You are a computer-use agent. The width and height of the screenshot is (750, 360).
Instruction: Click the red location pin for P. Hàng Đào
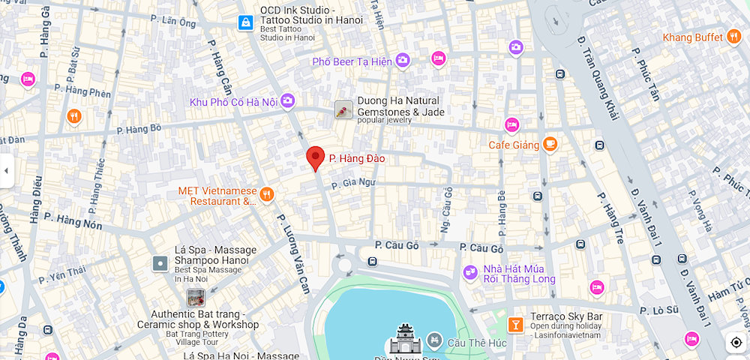[316, 157]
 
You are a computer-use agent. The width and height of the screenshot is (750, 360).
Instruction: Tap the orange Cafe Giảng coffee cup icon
[550, 143]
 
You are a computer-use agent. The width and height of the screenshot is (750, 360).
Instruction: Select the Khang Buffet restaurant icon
[733, 37]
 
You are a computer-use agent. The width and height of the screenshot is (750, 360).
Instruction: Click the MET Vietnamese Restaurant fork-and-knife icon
[266, 196]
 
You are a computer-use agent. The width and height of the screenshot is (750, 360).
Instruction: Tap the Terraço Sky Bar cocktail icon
[514, 324]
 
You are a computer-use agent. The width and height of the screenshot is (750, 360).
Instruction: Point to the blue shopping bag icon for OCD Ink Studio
[244, 23]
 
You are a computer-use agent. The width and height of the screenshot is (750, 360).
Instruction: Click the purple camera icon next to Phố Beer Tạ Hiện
[403, 61]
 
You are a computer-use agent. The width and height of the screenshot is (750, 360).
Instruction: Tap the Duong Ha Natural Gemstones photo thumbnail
[343, 111]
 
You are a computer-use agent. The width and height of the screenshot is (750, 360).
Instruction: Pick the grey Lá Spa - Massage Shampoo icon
[160, 263]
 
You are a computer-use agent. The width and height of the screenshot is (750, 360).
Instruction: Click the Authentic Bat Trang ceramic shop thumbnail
[196, 298]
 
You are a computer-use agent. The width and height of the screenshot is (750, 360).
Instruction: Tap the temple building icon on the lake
[403, 340]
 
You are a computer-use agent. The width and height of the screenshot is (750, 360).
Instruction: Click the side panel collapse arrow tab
[6, 171]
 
